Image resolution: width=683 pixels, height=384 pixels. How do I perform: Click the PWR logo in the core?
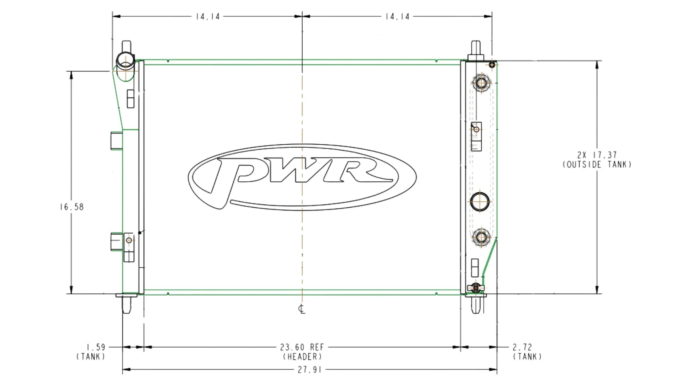(302, 177)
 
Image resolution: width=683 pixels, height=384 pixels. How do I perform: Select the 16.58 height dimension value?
(72, 207)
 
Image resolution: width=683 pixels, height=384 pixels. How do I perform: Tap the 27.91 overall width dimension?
(309, 370)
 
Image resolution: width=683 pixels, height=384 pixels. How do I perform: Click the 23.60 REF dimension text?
(302, 347)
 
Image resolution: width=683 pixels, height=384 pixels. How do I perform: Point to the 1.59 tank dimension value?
(96, 347)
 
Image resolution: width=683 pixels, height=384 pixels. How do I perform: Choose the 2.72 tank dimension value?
(523, 347)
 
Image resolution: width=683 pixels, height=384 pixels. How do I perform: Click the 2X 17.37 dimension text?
(597, 155)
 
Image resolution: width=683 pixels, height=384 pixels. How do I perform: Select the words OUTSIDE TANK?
(597, 165)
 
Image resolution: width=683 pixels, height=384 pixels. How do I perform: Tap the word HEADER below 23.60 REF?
(302, 356)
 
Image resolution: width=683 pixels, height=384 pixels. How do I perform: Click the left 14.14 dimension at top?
(208, 16)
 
